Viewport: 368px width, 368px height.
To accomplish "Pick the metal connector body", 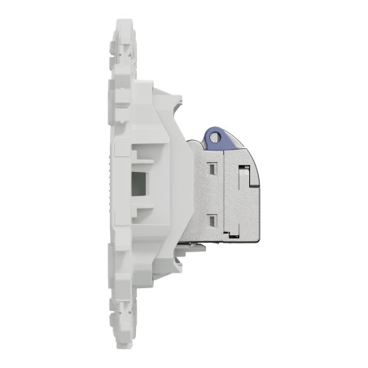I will pos(220,195).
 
